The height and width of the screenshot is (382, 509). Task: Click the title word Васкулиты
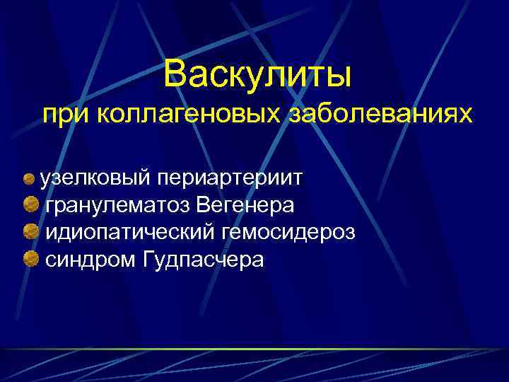click(257, 73)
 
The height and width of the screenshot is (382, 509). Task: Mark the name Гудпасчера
click(203, 260)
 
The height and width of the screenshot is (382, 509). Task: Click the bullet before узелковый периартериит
click(30, 178)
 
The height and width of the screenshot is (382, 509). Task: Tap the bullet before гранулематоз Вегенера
click(30, 205)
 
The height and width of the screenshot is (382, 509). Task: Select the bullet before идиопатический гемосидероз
click(30, 232)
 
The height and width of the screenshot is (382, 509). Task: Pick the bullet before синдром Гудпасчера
click(30, 260)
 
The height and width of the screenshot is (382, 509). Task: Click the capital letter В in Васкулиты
click(174, 73)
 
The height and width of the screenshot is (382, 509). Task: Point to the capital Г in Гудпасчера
click(148, 260)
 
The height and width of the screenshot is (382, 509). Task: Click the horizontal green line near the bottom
click(255, 349)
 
